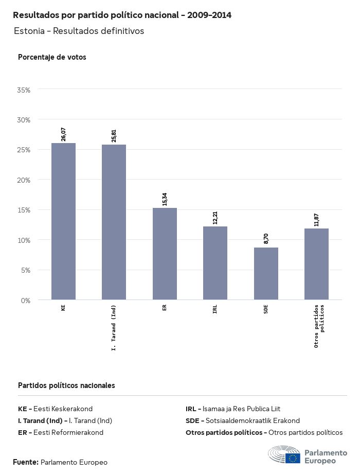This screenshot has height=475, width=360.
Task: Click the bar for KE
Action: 63,221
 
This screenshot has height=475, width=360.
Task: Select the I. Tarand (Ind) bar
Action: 114,222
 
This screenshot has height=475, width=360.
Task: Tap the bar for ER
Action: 165,254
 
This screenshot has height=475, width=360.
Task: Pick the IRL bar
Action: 215,263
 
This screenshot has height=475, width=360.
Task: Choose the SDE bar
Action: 266,274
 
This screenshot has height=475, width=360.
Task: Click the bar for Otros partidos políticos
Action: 316,264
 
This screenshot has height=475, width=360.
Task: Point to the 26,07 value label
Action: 63,134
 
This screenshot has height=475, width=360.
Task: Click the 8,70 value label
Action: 266,239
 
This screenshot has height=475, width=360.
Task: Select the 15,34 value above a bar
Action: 165,199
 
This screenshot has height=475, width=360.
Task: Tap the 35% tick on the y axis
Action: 24,90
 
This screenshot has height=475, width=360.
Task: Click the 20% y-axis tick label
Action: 24,180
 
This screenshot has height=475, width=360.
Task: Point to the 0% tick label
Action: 26,300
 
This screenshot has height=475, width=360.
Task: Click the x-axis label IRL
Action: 215,309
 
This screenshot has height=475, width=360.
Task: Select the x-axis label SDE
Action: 266,309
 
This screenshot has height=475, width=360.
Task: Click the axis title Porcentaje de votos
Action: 52,57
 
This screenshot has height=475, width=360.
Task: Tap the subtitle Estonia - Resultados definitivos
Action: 79,31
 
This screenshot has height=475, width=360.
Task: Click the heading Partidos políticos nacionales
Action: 66,385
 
